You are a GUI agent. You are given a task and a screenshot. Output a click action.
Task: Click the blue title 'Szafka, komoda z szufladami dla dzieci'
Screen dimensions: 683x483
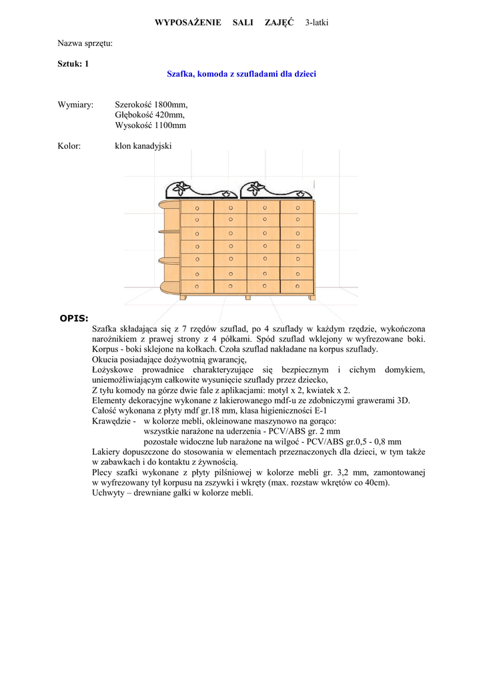(x=241, y=73)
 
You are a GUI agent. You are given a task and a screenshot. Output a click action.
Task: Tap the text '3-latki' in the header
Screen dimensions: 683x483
(x=317, y=23)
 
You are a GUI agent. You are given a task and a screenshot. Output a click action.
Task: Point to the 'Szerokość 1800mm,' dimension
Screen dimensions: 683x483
(x=151, y=105)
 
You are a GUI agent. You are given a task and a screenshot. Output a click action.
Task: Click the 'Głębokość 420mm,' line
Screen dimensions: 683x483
(x=149, y=115)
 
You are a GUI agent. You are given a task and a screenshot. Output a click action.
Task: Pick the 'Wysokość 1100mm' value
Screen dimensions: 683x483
(x=150, y=125)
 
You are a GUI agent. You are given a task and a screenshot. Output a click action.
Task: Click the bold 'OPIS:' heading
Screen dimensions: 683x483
(x=73, y=317)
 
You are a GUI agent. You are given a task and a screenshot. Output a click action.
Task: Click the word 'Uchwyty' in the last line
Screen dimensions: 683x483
(x=108, y=493)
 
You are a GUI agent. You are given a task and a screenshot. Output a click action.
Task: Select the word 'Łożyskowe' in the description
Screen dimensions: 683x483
(x=111, y=370)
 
